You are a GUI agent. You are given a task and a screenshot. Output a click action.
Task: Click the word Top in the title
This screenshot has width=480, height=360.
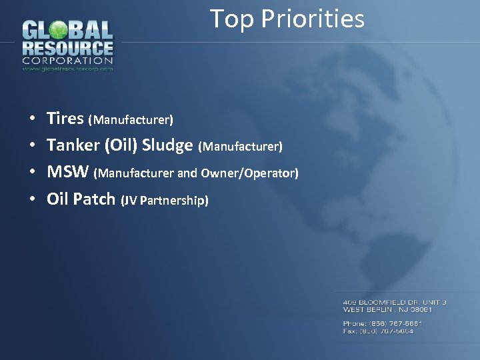pyautogui.click(x=232, y=19)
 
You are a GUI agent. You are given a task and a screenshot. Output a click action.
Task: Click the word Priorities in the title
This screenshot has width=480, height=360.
pyautogui.click(x=313, y=19)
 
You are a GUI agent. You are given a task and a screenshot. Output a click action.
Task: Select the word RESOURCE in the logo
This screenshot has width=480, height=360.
pyautogui.click(x=67, y=48)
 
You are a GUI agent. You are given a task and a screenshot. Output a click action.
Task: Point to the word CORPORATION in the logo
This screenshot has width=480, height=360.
pyautogui.click(x=67, y=61)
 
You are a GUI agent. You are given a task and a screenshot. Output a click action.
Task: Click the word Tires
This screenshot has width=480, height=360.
pyautogui.click(x=65, y=119)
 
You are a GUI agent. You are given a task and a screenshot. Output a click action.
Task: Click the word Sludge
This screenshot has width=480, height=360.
pyautogui.click(x=167, y=145)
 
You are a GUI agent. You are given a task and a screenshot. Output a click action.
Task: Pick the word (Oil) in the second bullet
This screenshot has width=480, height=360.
pyautogui.click(x=121, y=145)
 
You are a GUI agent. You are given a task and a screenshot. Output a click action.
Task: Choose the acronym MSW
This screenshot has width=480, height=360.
pyautogui.click(x=67, y=172)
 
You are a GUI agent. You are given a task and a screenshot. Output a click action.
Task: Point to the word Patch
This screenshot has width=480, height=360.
pyautogui.click(x=94, y=199)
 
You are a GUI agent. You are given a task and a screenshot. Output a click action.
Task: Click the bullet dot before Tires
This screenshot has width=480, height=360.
pyautogui.click(x=33, y=120)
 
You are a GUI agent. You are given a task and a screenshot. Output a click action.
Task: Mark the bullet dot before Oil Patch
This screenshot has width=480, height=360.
pyautogui.click(x=33, y=200)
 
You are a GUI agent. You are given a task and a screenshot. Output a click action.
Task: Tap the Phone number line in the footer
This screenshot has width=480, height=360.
pyautogui.click(x=383, y=323)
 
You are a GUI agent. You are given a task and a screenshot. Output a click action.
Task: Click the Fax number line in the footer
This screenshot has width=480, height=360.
pyautogui.click(x=378, y=331)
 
